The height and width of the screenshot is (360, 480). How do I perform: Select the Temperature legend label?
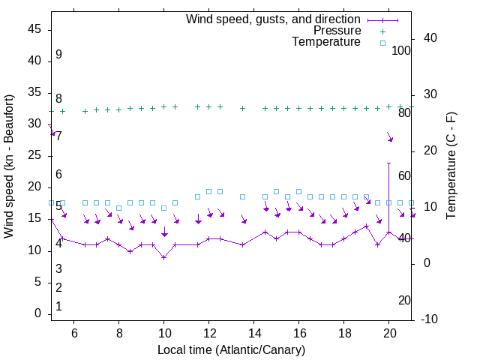pos(326,43)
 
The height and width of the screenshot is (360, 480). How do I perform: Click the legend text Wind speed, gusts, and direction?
pos(274,19)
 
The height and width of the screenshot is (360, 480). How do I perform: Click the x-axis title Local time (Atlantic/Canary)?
pos(231,349)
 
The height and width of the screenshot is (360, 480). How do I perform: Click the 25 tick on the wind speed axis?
pos(34,156)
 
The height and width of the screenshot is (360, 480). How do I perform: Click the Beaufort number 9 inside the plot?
pos(58,55)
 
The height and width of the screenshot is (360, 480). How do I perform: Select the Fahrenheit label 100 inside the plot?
pos(401,50)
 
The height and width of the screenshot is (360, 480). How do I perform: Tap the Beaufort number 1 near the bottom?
pos(58,306)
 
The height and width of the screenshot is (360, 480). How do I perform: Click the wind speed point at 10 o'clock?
pos(164,257)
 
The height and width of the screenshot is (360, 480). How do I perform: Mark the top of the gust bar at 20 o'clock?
pos(389,163)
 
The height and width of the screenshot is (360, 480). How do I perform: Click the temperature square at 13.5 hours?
pos(243,197)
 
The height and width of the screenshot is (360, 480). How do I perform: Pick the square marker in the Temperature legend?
pos(382,43)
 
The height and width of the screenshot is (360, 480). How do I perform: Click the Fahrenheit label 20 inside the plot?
pos(404,300)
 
